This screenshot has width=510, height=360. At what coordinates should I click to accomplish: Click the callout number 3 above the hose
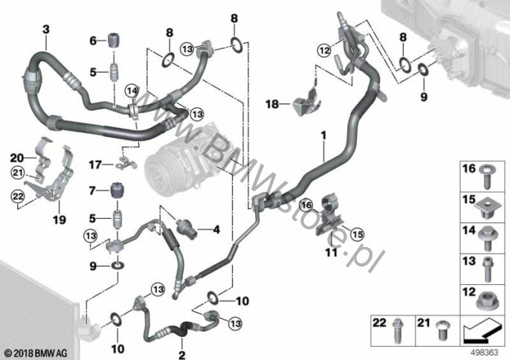pos(46,29)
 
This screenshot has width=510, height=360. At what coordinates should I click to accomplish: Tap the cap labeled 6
pos(114,40)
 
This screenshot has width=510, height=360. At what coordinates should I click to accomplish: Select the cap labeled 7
pos(117,190)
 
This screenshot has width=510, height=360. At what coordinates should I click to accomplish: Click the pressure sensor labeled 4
pos(187,228)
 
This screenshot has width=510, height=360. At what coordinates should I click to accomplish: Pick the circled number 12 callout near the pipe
pos(324,51)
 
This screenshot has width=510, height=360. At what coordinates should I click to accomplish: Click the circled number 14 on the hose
pos(132,91)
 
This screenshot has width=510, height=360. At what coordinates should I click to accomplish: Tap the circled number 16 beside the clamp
pos(306,205)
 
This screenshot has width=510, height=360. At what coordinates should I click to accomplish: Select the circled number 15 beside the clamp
pos(357,234)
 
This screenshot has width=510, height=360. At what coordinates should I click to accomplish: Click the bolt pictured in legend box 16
pos(486,177)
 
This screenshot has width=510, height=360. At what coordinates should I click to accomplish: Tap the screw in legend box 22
pos(397,330)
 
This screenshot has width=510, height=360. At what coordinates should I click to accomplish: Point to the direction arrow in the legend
pos(481,331)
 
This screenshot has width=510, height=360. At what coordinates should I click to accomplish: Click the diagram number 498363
pos(484,353)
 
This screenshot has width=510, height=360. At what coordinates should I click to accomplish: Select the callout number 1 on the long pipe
pos(323,135)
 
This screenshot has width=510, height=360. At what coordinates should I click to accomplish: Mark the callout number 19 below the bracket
pos(59,220)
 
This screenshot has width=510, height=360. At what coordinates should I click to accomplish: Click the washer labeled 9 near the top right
pos(423,68)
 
